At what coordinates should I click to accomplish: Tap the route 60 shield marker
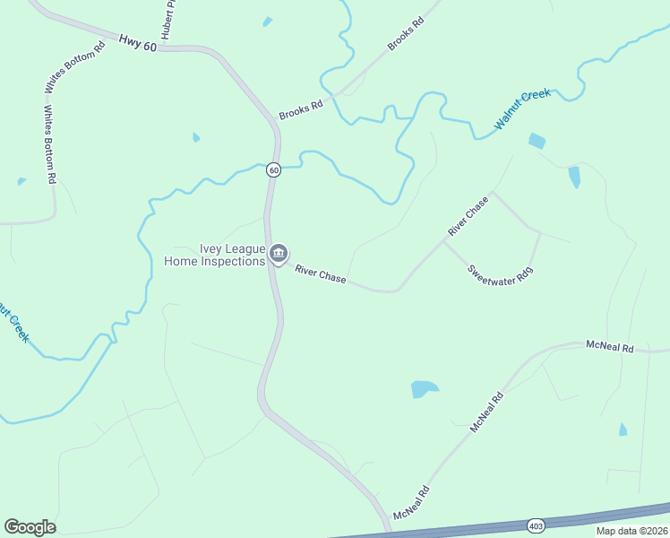pos(273,169)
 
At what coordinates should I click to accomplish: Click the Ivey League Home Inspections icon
pos(279,255)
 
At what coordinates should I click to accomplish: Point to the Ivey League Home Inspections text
pos(215,256)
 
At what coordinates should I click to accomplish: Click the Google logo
pos(30,527)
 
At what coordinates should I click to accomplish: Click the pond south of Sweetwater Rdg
pos(424,389)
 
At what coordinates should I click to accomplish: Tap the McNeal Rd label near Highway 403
pos(412,504)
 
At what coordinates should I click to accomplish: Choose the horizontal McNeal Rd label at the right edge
pos(609,346)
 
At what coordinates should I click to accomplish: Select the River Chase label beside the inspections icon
pos(321,273)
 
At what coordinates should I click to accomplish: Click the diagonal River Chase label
pos(468,216)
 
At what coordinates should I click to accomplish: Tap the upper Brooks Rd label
pos(405,32)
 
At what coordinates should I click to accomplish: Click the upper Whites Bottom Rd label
pos(75,67)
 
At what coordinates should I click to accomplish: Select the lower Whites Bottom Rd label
pos(50,145)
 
